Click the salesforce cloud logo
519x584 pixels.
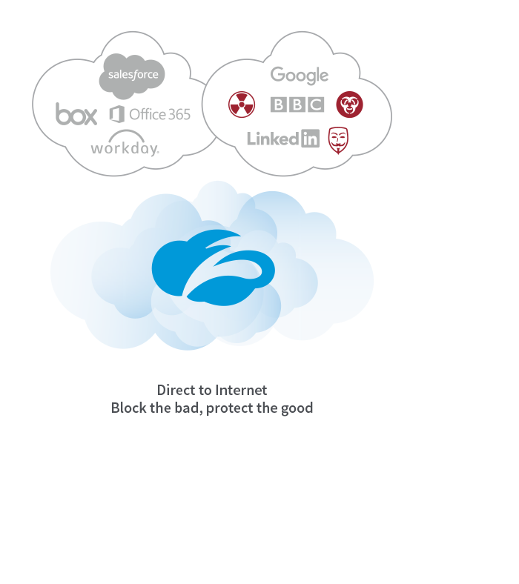pos(132,75)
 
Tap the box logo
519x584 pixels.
pos(76,114)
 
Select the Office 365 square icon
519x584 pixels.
pos(116,114)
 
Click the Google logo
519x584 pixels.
pos(299,75)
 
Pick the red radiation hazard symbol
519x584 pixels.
pos(242,104)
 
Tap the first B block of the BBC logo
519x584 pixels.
pos(279,104)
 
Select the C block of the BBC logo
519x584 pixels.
pos(316,104)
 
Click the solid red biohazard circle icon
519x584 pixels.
pos(349,104)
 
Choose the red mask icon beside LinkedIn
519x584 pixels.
pos(338,139)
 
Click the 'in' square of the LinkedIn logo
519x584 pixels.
pos(311,139)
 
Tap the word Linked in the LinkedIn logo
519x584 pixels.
pos(273,139)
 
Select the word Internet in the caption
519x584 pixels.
pos(241,390)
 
